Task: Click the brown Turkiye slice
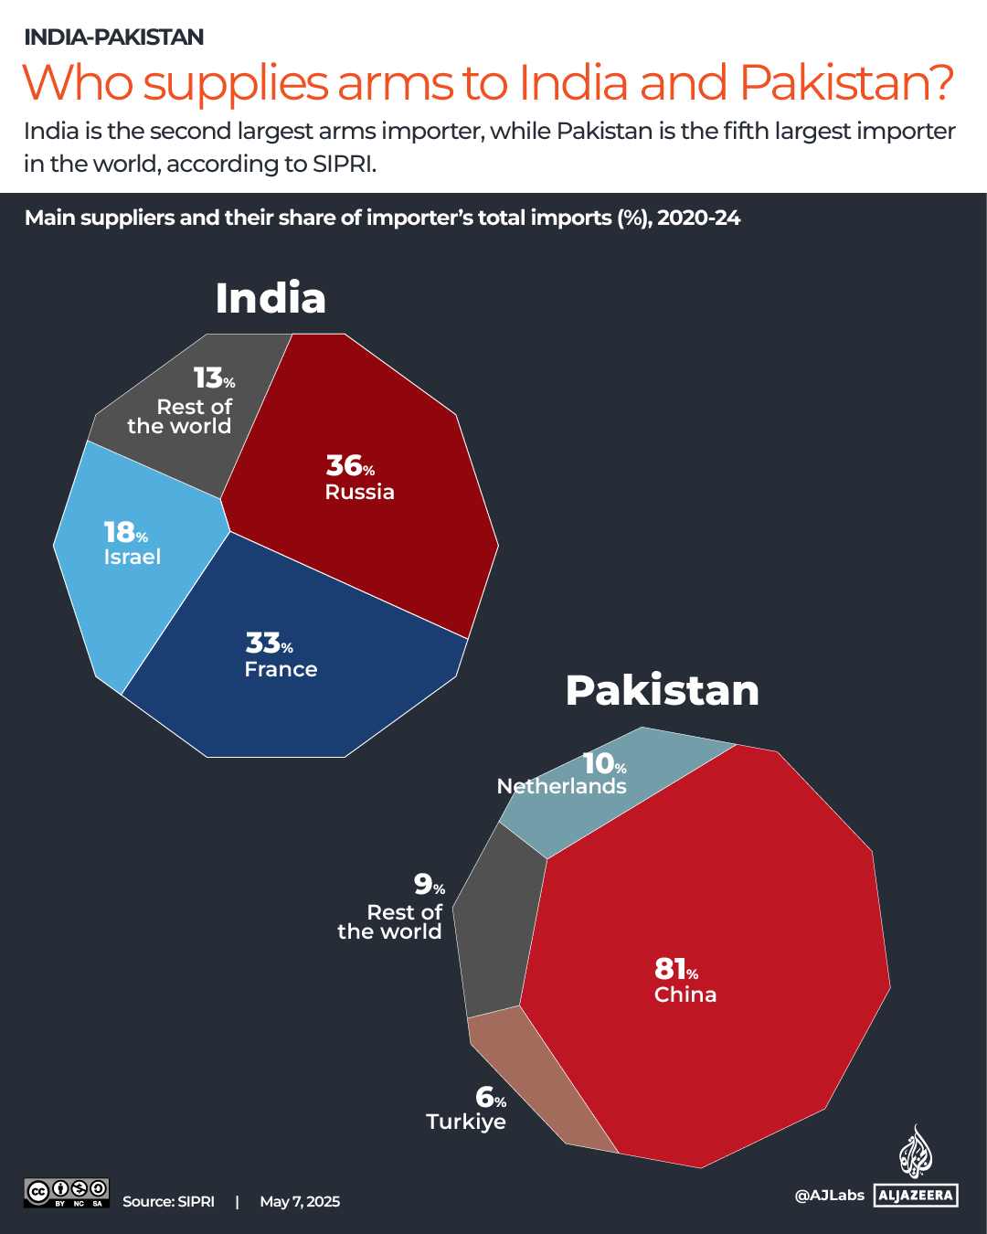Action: [539, 1088]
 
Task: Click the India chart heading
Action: [271, 298]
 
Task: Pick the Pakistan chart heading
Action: [662, 690]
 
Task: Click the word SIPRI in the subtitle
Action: [344, 164]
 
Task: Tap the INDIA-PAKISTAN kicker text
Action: [113, 37]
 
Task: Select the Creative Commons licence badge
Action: [66, 1193]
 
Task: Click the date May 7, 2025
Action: [300, 1202]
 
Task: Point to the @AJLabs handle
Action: [829, 1195]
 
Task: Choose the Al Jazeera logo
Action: [916, 1170]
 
